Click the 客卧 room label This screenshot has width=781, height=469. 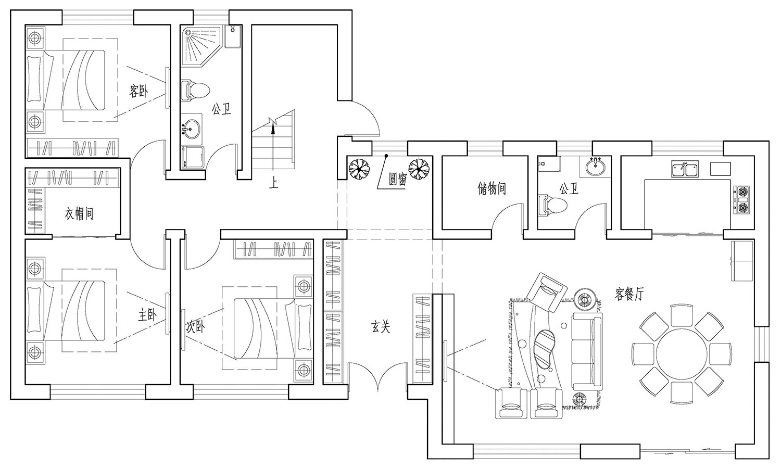[x=138, y=92]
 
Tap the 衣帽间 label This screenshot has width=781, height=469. [x=79, y=213]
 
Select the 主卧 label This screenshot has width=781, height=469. [x=147, y=315]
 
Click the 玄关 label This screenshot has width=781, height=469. [x=381, y=327]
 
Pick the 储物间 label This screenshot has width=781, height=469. [x=492, y=188]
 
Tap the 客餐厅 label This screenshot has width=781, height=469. [x=629, y=294]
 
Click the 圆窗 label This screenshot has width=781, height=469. [x=398, y=180]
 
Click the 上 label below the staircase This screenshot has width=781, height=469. [x=273, y=183]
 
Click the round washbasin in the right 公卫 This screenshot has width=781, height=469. [x=595, y=168]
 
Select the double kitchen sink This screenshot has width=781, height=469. [x=685, y=170]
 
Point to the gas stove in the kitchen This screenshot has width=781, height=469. [x=742, y=200]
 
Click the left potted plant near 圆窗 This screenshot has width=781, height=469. [x=359, y=168]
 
